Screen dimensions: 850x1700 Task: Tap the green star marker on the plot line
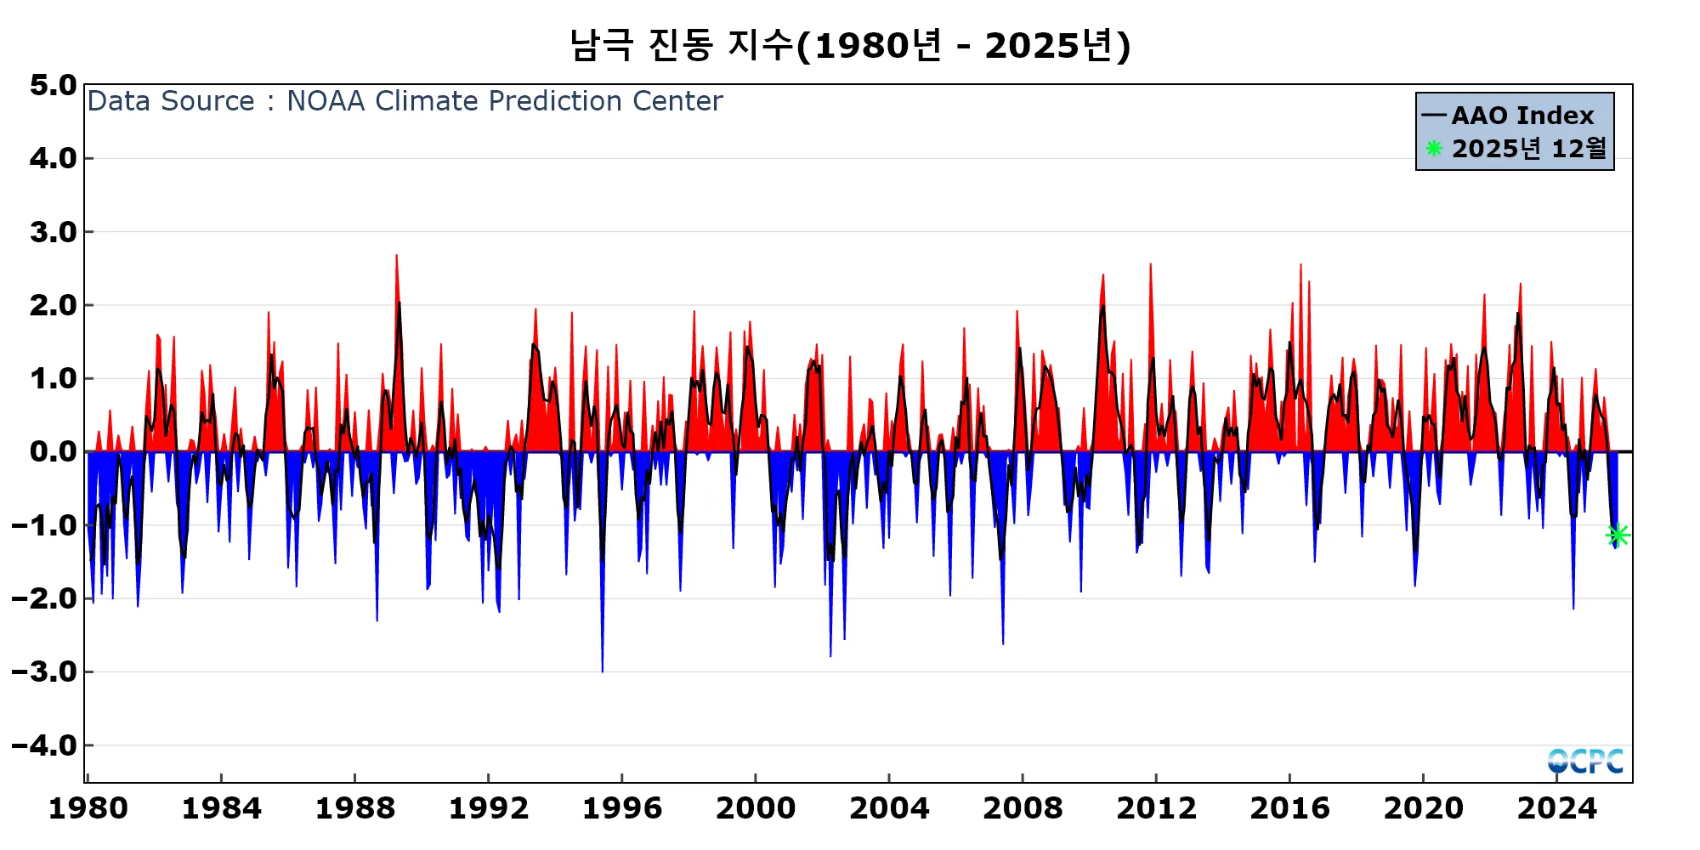coord(1618,535)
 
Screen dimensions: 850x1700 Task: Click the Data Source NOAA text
coord(405,101)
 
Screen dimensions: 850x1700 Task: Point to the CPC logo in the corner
coord(1585,761)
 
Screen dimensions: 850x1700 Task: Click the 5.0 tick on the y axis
coord(53,85)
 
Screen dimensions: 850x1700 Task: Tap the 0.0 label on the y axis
coord(53,451)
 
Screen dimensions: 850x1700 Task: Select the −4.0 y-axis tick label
coord(45,745)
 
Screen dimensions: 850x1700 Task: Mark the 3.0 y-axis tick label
coord(53,232)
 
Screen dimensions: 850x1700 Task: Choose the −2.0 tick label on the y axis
coord(45,598)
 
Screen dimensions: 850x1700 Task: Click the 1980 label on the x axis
coord(88,808)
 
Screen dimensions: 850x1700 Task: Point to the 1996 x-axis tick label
coord(622,808)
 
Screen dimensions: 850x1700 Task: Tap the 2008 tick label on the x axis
coord(1023,808)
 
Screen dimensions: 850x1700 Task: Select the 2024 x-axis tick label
coord(1557,808)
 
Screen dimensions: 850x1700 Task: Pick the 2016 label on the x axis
coord(1289,808)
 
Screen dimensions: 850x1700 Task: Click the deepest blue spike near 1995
coord(603,670)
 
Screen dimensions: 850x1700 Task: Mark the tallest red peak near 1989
coord(396,257)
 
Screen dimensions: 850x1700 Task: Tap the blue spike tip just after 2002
coord(830,654)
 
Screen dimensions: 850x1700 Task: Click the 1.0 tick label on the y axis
coord(53,378)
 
